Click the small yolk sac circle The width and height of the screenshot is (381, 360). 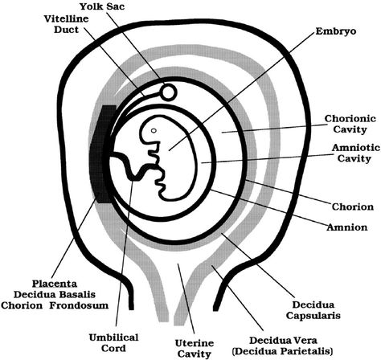coord(169,92)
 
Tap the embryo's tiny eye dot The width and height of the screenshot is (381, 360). coord(154,130)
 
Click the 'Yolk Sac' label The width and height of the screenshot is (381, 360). coord(102,6)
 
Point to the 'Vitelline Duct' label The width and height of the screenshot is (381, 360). coord(66,24)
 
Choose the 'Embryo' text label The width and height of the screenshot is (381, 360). coord(336,31)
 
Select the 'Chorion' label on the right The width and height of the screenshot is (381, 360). coord(353,207)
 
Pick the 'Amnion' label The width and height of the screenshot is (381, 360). coord(347,227)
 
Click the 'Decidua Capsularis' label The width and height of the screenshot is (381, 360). coord(313,310)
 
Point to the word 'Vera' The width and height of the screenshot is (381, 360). coord(305,341)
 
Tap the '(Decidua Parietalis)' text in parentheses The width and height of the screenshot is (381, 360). coord(283,351)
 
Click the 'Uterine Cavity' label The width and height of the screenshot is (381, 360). coord(195,348)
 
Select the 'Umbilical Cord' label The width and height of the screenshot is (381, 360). coord(113,342)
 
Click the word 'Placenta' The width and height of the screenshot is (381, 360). coord(55,284)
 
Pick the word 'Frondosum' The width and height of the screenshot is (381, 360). coord(79,305)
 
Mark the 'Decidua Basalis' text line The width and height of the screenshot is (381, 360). coord(55,294)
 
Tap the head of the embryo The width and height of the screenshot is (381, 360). coord(152,131)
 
